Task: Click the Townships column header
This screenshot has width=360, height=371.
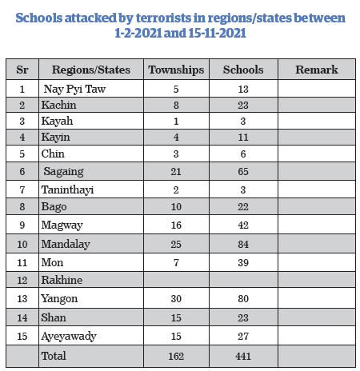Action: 176,70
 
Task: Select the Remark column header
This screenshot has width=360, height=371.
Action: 317,70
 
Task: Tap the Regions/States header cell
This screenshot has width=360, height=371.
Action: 91,70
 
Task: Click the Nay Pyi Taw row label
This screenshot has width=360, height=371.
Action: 74,89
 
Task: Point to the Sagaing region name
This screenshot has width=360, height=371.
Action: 63,171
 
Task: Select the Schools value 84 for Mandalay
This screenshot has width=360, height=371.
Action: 243,244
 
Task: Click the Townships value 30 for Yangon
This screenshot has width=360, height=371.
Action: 176,298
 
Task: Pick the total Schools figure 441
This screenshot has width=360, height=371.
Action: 243,356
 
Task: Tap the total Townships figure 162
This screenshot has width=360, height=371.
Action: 176,356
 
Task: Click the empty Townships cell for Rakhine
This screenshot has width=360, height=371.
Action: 176,280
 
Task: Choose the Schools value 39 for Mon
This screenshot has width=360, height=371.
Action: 243,262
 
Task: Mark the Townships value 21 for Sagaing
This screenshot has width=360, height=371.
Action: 176,171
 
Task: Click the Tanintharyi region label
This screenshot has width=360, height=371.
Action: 67,190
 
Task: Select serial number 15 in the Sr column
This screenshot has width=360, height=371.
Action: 22,336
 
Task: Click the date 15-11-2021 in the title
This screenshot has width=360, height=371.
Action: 217,33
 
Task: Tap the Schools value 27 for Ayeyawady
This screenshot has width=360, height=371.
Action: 243,336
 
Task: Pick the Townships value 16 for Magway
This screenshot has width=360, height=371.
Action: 176,225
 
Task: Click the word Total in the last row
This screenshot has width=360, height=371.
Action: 54,356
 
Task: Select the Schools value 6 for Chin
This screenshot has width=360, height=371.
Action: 243,154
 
